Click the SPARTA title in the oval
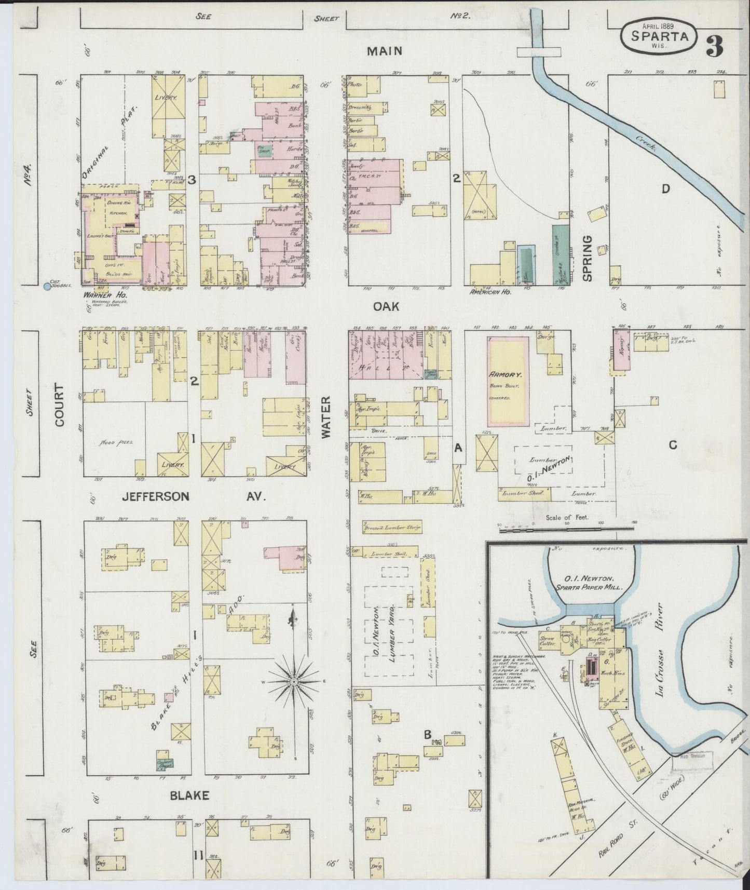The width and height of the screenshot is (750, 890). tap(660, 36)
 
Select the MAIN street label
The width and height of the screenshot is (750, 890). tap(384, 50)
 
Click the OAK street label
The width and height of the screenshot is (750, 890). tap(387, 306)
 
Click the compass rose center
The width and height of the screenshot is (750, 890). tap(294, 681)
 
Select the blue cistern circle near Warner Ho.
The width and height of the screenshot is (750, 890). tap(47, 286)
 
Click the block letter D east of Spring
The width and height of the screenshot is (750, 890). tap(665, 189)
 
